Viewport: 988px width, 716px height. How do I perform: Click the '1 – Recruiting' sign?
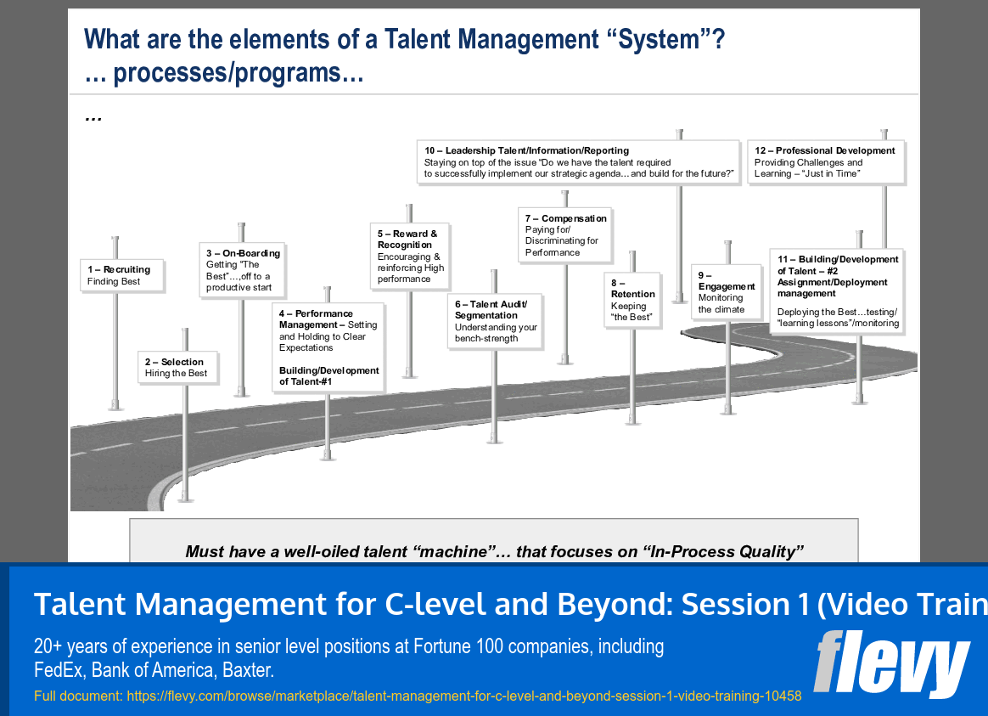[x=122, y=275]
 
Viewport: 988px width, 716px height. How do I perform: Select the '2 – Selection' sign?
[x=177, y=367]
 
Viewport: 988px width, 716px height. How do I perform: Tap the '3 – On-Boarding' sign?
[x=243, y=270]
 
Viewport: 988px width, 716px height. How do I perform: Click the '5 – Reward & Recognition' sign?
[x=412, y=256]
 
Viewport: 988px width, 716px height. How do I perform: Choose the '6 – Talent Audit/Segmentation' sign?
[x=495, y=321]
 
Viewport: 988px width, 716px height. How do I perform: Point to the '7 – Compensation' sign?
[x=566, y=235]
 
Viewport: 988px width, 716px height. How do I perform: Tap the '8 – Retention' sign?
[x=633, y=300]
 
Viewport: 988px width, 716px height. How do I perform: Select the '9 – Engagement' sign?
[x=727, y=292]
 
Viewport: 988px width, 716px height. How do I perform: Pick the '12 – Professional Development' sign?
[x=825, y=161]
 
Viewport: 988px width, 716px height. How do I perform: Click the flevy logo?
[x=891, y=662]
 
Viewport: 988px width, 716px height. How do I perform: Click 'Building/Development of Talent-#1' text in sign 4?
[x=329, y=376]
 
